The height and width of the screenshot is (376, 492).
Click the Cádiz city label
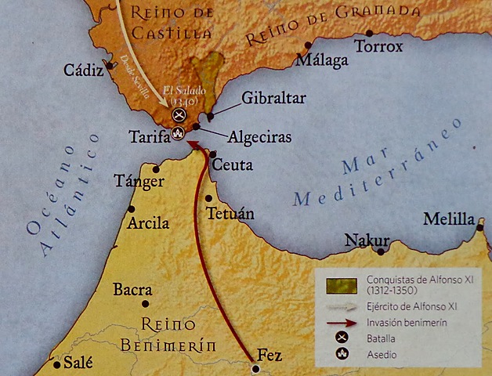click(x=84, y=70)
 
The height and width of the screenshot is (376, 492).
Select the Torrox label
click(x=378, y=47)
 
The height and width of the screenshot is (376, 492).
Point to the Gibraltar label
click(x=273, y=98)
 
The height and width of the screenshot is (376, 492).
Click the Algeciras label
click(x=259, y=137)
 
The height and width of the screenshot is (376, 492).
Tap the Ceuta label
click(x=233, y=165)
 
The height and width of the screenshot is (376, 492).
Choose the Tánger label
click(x=139, y=181)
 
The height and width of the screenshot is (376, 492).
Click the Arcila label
click(x=147, y=223)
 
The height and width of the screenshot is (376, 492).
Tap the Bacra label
click(x=132, y=290)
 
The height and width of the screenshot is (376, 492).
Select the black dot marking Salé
click(x=56, y=364)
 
